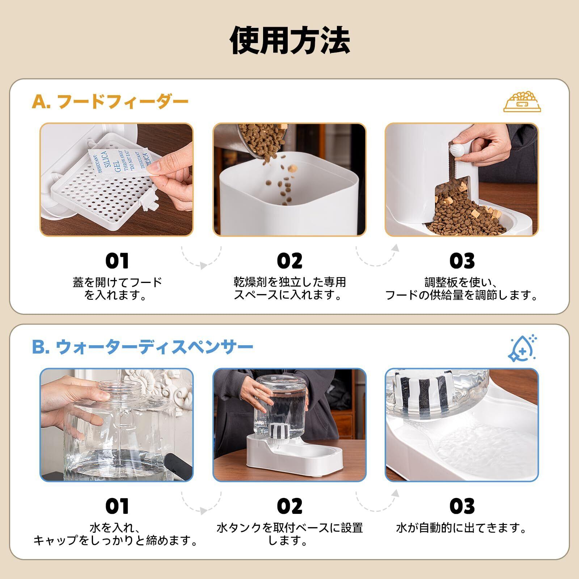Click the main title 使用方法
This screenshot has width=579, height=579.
[290, 40]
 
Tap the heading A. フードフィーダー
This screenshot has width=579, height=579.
[110, 102]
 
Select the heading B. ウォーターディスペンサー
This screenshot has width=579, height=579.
[143, 347]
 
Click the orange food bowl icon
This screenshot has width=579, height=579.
[522, 102]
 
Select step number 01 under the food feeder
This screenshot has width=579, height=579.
[117, 261]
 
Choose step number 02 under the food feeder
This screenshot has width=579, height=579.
[289, 261]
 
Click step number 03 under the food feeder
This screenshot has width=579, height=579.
[462, 261]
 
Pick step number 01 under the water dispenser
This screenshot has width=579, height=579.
[117, 506]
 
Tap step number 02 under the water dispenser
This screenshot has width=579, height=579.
[289, 506]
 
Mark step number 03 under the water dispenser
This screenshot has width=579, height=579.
[462, 506]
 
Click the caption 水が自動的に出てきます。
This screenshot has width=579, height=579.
[462, 528]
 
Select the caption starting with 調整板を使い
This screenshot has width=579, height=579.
[462, 288]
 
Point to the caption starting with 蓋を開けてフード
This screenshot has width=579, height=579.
[117, 288]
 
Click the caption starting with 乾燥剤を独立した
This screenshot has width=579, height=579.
[289, 288]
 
